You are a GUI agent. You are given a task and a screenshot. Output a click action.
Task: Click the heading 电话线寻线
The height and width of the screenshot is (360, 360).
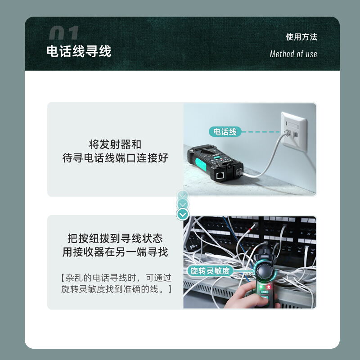[x=79, y=51]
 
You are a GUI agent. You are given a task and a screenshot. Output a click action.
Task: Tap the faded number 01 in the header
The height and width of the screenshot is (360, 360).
[x=64, y=32]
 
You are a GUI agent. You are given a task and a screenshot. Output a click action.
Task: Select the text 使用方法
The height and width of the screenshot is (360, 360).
[x=301, y=37]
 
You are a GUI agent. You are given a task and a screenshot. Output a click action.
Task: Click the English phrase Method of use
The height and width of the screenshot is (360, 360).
[x=293, y=54]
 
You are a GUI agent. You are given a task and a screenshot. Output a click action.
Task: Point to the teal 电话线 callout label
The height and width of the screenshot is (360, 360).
[x=225, y=132]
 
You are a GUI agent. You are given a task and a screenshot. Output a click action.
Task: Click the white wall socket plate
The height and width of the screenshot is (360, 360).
[x=294, y=132]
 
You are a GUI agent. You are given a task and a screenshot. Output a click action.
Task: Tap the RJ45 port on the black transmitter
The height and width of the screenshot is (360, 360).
[x=220, y=175]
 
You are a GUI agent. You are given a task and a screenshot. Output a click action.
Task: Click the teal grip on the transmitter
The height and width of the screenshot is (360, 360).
[x=201, y=164]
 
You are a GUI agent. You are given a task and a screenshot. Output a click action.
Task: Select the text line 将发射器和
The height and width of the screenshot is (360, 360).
[x=115, y=144]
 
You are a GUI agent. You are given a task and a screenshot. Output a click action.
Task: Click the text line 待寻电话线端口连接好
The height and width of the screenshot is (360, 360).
[x=115, y=158]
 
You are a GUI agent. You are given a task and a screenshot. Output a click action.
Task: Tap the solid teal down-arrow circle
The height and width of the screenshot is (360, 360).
[x=183, y=215]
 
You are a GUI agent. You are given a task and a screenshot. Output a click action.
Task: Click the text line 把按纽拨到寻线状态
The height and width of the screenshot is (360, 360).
[x=115, y=238]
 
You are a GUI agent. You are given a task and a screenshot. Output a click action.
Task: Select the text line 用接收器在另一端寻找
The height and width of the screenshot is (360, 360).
[x=115, y=252]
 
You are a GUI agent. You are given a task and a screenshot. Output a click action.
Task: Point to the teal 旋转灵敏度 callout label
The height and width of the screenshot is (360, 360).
[x=210, y=271]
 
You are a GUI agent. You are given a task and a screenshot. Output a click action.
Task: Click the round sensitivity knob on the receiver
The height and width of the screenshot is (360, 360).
[x=265, y=271]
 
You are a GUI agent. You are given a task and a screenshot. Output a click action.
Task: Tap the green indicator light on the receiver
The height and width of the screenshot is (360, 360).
[x=261, y=287]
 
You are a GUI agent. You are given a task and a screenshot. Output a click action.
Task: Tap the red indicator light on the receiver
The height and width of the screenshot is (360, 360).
[x=268, y=287]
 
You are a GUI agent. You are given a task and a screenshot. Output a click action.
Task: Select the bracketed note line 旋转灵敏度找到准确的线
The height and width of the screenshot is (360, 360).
[x=117, y=289]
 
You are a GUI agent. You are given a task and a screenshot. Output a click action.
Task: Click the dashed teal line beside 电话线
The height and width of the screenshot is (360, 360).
[x=261, y=132]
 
